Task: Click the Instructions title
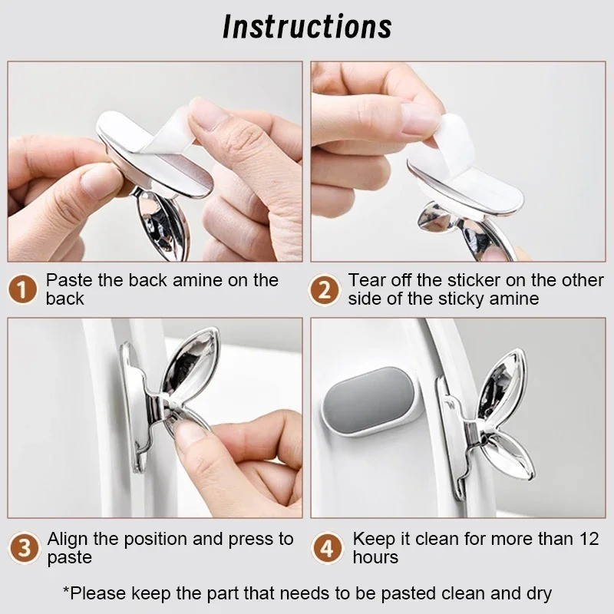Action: [307, 27]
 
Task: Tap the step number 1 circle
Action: [23, 289]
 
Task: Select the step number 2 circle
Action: [324, 289]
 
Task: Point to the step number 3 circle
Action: [24, 548]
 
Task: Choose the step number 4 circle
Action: [326, 548]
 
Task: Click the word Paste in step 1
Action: [69, 280]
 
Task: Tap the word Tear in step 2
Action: [367, 280]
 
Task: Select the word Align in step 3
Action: [68, 540]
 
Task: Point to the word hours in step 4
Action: [375, 557]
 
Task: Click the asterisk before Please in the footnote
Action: [66, 590]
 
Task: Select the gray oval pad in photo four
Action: [368, 401]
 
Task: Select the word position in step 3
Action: [158, 540]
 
